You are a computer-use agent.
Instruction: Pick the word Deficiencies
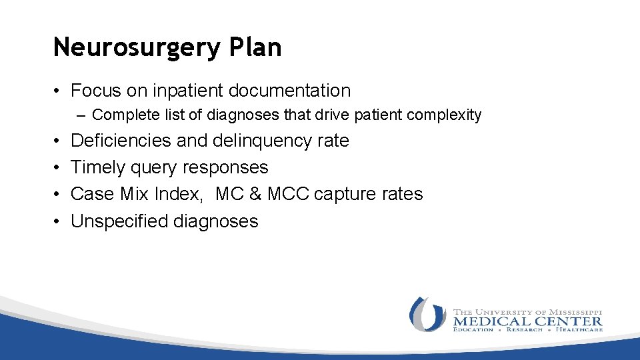point(121,141)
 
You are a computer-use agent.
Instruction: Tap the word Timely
point(98,167)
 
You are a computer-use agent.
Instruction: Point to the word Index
point(183,194)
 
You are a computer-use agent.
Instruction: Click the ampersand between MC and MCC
point(256,194)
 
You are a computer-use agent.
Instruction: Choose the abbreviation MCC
point(287,194)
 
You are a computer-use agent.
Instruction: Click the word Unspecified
point(119,221)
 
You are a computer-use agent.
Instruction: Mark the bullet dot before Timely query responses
point(58,167)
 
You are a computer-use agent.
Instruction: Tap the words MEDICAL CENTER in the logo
point(528,321)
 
